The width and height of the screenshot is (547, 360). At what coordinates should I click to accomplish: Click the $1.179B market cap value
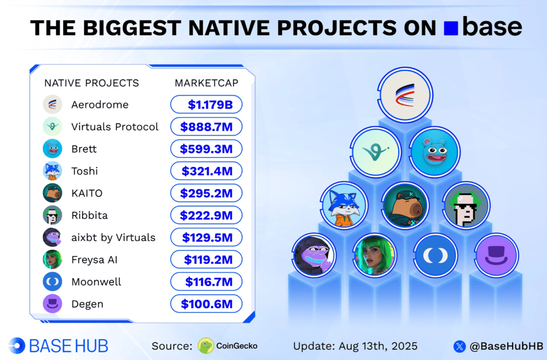210,105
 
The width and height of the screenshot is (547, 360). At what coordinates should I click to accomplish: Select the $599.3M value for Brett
206,149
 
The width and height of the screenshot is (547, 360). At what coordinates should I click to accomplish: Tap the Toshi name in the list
84,171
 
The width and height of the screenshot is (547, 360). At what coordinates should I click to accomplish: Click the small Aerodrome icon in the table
52,104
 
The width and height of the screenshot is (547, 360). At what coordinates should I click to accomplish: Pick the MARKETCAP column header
207,83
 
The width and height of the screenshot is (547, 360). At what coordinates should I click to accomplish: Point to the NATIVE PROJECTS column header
91,83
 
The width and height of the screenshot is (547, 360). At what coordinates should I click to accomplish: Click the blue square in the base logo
451,28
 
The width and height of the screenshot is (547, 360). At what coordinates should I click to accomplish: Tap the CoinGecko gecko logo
206,346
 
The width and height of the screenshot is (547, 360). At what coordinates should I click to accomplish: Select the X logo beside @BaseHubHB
460,346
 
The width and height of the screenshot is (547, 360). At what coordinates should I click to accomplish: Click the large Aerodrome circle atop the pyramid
405,95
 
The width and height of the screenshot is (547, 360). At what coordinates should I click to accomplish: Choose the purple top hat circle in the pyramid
497,255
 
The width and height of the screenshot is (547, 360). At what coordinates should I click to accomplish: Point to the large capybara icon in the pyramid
405,205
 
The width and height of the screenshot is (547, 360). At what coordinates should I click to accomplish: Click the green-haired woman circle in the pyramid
374,255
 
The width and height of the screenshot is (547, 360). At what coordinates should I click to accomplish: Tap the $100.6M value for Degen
207,304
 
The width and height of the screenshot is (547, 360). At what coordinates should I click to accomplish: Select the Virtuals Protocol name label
115,127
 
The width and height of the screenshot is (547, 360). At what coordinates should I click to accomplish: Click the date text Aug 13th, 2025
378,346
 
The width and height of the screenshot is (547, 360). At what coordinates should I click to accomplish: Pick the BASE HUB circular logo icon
17,346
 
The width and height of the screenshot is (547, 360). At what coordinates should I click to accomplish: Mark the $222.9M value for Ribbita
206,215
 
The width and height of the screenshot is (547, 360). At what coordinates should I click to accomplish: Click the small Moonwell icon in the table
52,281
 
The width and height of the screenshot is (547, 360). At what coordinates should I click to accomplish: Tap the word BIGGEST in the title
132,28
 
